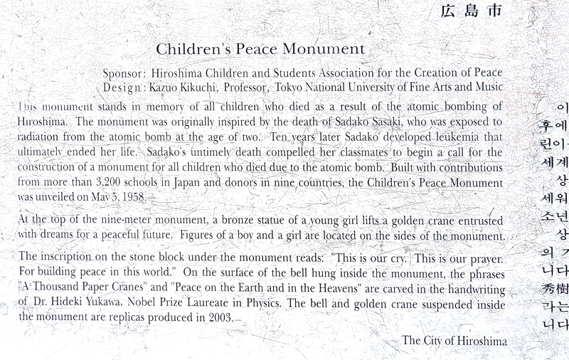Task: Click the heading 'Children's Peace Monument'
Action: (260, 49)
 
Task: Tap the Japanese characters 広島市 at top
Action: (472, 11)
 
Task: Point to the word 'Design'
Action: (123, 87)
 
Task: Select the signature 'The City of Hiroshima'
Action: (454, 341)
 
